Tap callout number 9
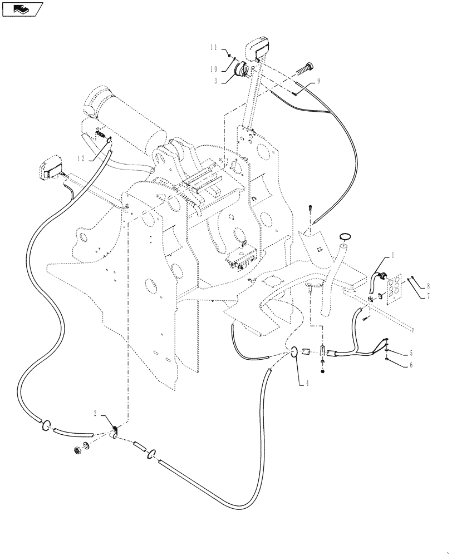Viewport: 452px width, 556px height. [x=318, y=81]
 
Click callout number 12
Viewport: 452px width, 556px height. [x=82, y=158]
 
